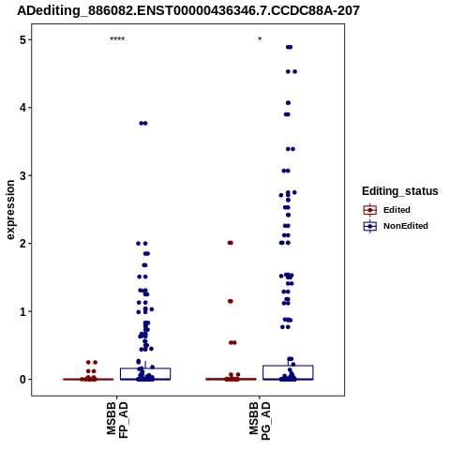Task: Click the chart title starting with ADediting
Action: click(188, 10)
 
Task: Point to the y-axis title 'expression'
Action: click(10, 210)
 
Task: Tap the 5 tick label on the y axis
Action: click(22, 40)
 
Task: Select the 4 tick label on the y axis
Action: click(22, 108)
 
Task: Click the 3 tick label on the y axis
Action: click(22, 175)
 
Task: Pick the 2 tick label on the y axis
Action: click(22, 244)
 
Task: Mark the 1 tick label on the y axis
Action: click(22, 311)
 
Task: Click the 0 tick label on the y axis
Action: click(22, 380)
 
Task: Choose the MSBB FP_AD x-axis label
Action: click(117, 420)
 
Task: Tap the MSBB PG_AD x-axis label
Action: click(260, 421)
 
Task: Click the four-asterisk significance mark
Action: click(117, 39)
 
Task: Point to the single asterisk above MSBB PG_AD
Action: click(260, 39)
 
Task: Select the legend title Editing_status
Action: click(400, 191)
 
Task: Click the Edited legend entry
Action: click(387, 210)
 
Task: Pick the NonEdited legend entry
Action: click(396, 226)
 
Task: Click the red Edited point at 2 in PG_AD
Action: click(231, 243)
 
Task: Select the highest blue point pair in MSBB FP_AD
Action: click(143, 123)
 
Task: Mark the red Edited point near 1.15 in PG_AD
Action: click(231, 301)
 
